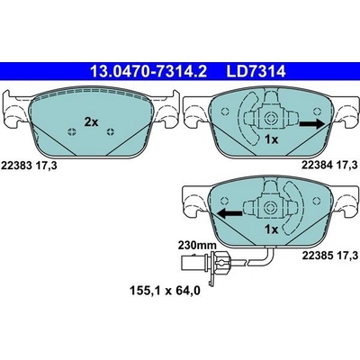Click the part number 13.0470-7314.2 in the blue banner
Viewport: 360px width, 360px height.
coord(148,72)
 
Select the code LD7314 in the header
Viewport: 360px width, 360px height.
coord(256,72)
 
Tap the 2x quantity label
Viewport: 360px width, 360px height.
coord(91,122)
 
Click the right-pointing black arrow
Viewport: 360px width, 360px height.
coord(311,123)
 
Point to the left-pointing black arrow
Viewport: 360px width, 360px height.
coord(229,213)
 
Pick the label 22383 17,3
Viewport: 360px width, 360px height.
coord(29,166)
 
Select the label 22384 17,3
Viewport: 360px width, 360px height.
coord(330,165)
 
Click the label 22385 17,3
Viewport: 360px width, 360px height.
coord(330,256)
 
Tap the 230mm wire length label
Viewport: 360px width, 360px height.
coord(197,245)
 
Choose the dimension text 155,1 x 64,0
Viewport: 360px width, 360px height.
coord(165,291)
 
